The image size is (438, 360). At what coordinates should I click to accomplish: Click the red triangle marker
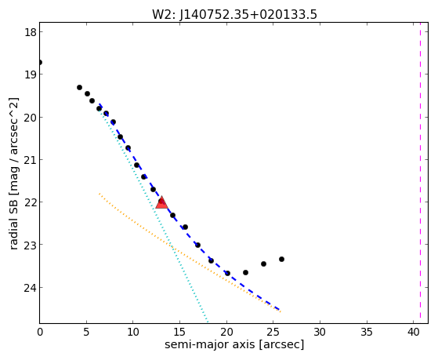[x=161, y=203]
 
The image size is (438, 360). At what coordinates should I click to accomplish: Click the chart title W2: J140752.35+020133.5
[x=234, y=15]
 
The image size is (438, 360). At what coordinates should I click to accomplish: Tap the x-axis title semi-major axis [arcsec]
[x=234, y=344]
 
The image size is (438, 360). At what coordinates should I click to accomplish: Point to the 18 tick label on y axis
[x=31, y=32]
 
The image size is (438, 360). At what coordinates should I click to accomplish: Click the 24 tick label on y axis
[x=31, y=288]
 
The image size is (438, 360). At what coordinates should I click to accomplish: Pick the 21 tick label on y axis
[x=31, y=160]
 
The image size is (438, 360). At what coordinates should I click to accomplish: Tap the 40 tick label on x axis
[x=414, y=332]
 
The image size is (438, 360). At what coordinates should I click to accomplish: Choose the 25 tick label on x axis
[x=273, y=332]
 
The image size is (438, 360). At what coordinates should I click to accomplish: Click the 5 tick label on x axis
[x=86, y=332]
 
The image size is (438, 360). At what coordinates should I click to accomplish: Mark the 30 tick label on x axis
[x=320, y=332]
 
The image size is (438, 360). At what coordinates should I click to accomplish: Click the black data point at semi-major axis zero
[x=40, y=62]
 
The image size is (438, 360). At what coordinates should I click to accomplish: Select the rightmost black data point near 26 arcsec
[x=281, y=260]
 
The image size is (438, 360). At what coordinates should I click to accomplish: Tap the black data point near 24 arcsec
[x=263, y=264]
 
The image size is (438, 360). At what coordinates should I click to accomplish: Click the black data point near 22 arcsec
[x=245, y=272]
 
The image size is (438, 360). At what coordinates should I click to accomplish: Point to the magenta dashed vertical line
[x=420, y=173]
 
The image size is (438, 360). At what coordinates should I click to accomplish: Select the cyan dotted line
[x=153, y=213]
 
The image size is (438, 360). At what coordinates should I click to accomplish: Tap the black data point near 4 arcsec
[x=79, y=88]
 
